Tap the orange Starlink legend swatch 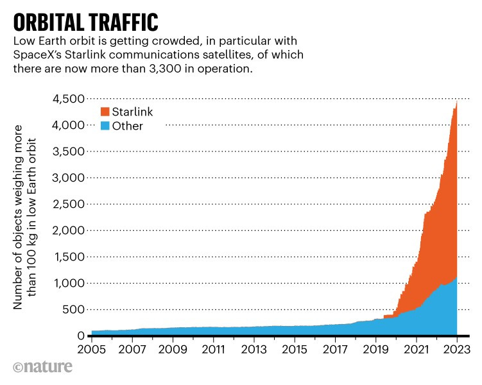pyautogui.click(x=104, y=112)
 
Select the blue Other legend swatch pyautogui.click(x=104, y=126)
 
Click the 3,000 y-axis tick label pyautogui.click(x=67, y=178)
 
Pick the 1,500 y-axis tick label pyautogui.click(x=69, y=257)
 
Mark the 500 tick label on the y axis pyautogui.click(x=73, y=309)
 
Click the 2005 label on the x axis pyautogui.click(x=92, y=351)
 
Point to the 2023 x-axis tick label pyautogui.click(x=456, y=351)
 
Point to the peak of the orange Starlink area pyautogui.click(x=456, y=102)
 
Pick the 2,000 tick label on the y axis pyautogui.click(x=67, y=230)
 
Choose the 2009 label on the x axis pyautogui.click(x=173, y=351)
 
